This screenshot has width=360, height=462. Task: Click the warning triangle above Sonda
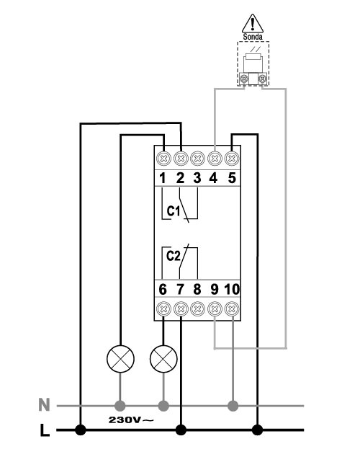[253, 24]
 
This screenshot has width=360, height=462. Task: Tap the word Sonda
[253, 37]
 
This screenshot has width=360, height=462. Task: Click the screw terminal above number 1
[163, 159]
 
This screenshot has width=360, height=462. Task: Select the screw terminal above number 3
[197, 159]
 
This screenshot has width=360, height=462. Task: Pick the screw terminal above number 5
[232, 159]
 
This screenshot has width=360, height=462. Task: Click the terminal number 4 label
[213, 178]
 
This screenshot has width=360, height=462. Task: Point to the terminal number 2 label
[180, 178]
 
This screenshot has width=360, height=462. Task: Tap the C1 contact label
[174, 211]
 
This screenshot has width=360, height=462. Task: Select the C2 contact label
[173, 256]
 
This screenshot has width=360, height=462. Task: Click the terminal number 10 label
[232, 289]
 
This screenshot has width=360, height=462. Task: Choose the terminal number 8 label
[197, 289]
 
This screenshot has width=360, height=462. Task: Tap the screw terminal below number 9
[215, 308]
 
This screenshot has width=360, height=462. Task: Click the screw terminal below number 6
[163, 308]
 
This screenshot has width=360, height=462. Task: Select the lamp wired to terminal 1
[120, 359]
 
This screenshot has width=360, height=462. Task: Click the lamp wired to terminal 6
[163, 359]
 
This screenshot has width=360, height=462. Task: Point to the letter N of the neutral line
[44, 405]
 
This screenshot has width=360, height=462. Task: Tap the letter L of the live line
[45, 430]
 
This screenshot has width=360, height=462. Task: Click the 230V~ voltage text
[131, 419]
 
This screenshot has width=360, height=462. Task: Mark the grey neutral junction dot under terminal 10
[233, 406]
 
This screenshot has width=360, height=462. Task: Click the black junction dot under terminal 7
[181, 430]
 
